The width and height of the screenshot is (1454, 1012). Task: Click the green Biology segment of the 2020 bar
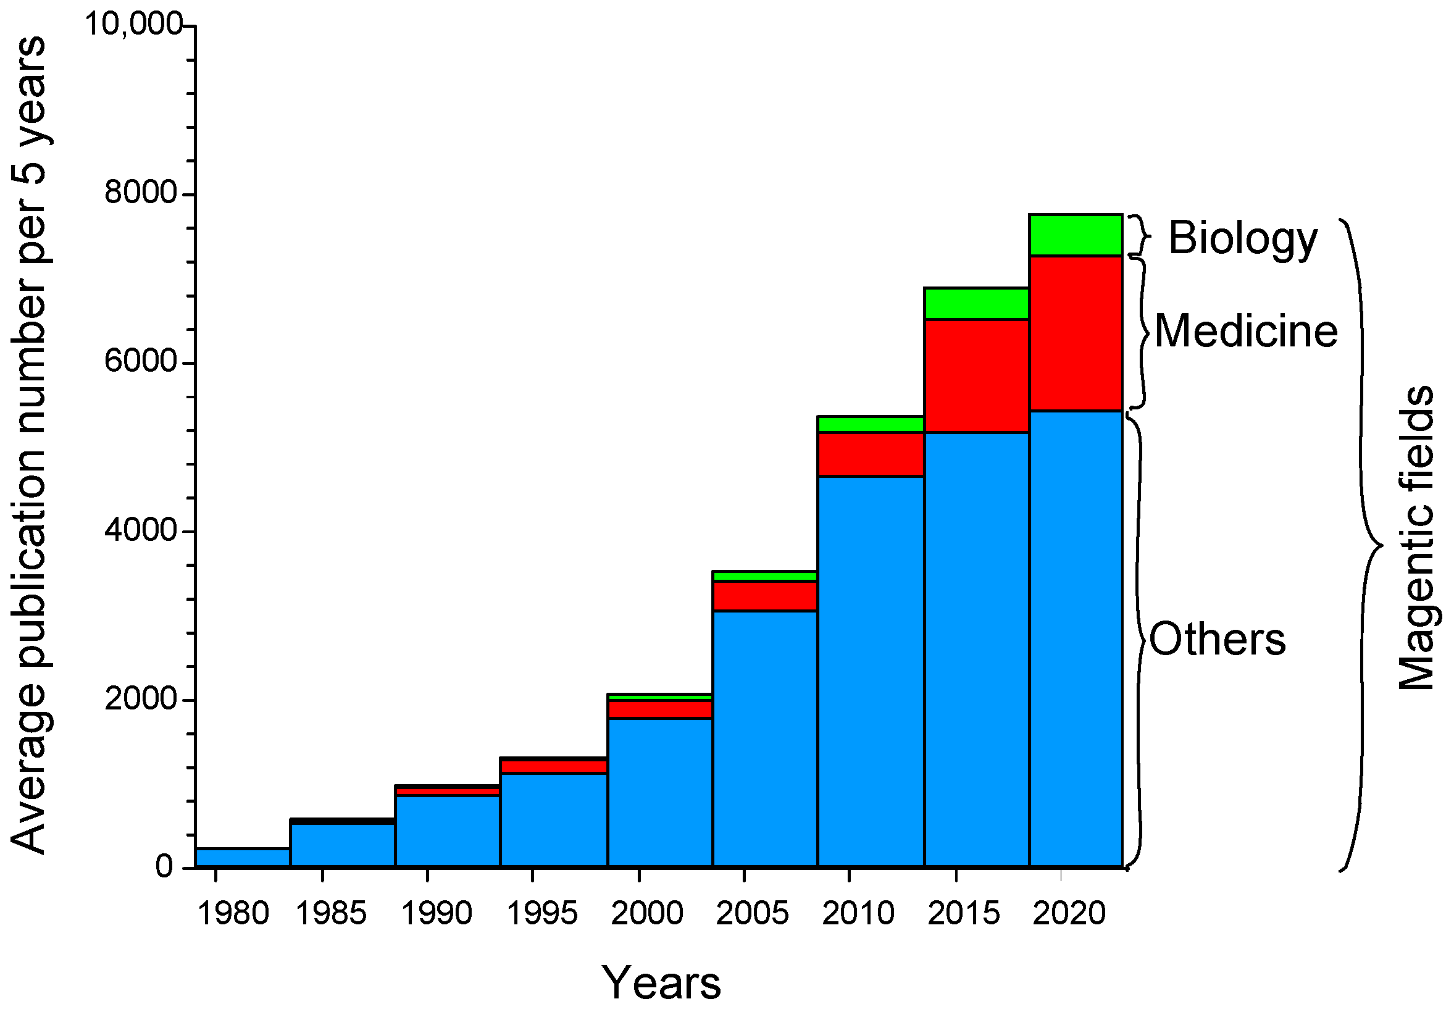point(1076,235)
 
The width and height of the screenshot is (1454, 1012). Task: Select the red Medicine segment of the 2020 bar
point(1076,333)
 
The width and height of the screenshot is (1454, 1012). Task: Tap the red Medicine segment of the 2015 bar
point(976,376)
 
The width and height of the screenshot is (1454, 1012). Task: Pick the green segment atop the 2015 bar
point(976,303)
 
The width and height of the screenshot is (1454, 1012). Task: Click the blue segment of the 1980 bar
point(243,857)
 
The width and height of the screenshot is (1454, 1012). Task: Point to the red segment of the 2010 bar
point(871,454)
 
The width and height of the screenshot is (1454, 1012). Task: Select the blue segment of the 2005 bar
point(764,738)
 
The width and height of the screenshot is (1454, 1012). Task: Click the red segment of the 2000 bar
point(660,709)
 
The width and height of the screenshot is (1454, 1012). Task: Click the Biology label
point(1242,238)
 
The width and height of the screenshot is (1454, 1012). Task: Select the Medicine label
point(1246,331)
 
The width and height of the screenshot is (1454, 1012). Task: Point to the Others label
point(1217,639)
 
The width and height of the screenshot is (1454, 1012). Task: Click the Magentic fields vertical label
point(1416,538)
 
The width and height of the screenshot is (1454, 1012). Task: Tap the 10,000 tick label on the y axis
point(133,25)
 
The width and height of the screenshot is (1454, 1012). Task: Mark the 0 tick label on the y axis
point(164,866)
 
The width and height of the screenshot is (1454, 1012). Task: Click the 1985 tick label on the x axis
point(330,913)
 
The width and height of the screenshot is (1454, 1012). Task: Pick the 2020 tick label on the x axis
point(1069,913)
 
